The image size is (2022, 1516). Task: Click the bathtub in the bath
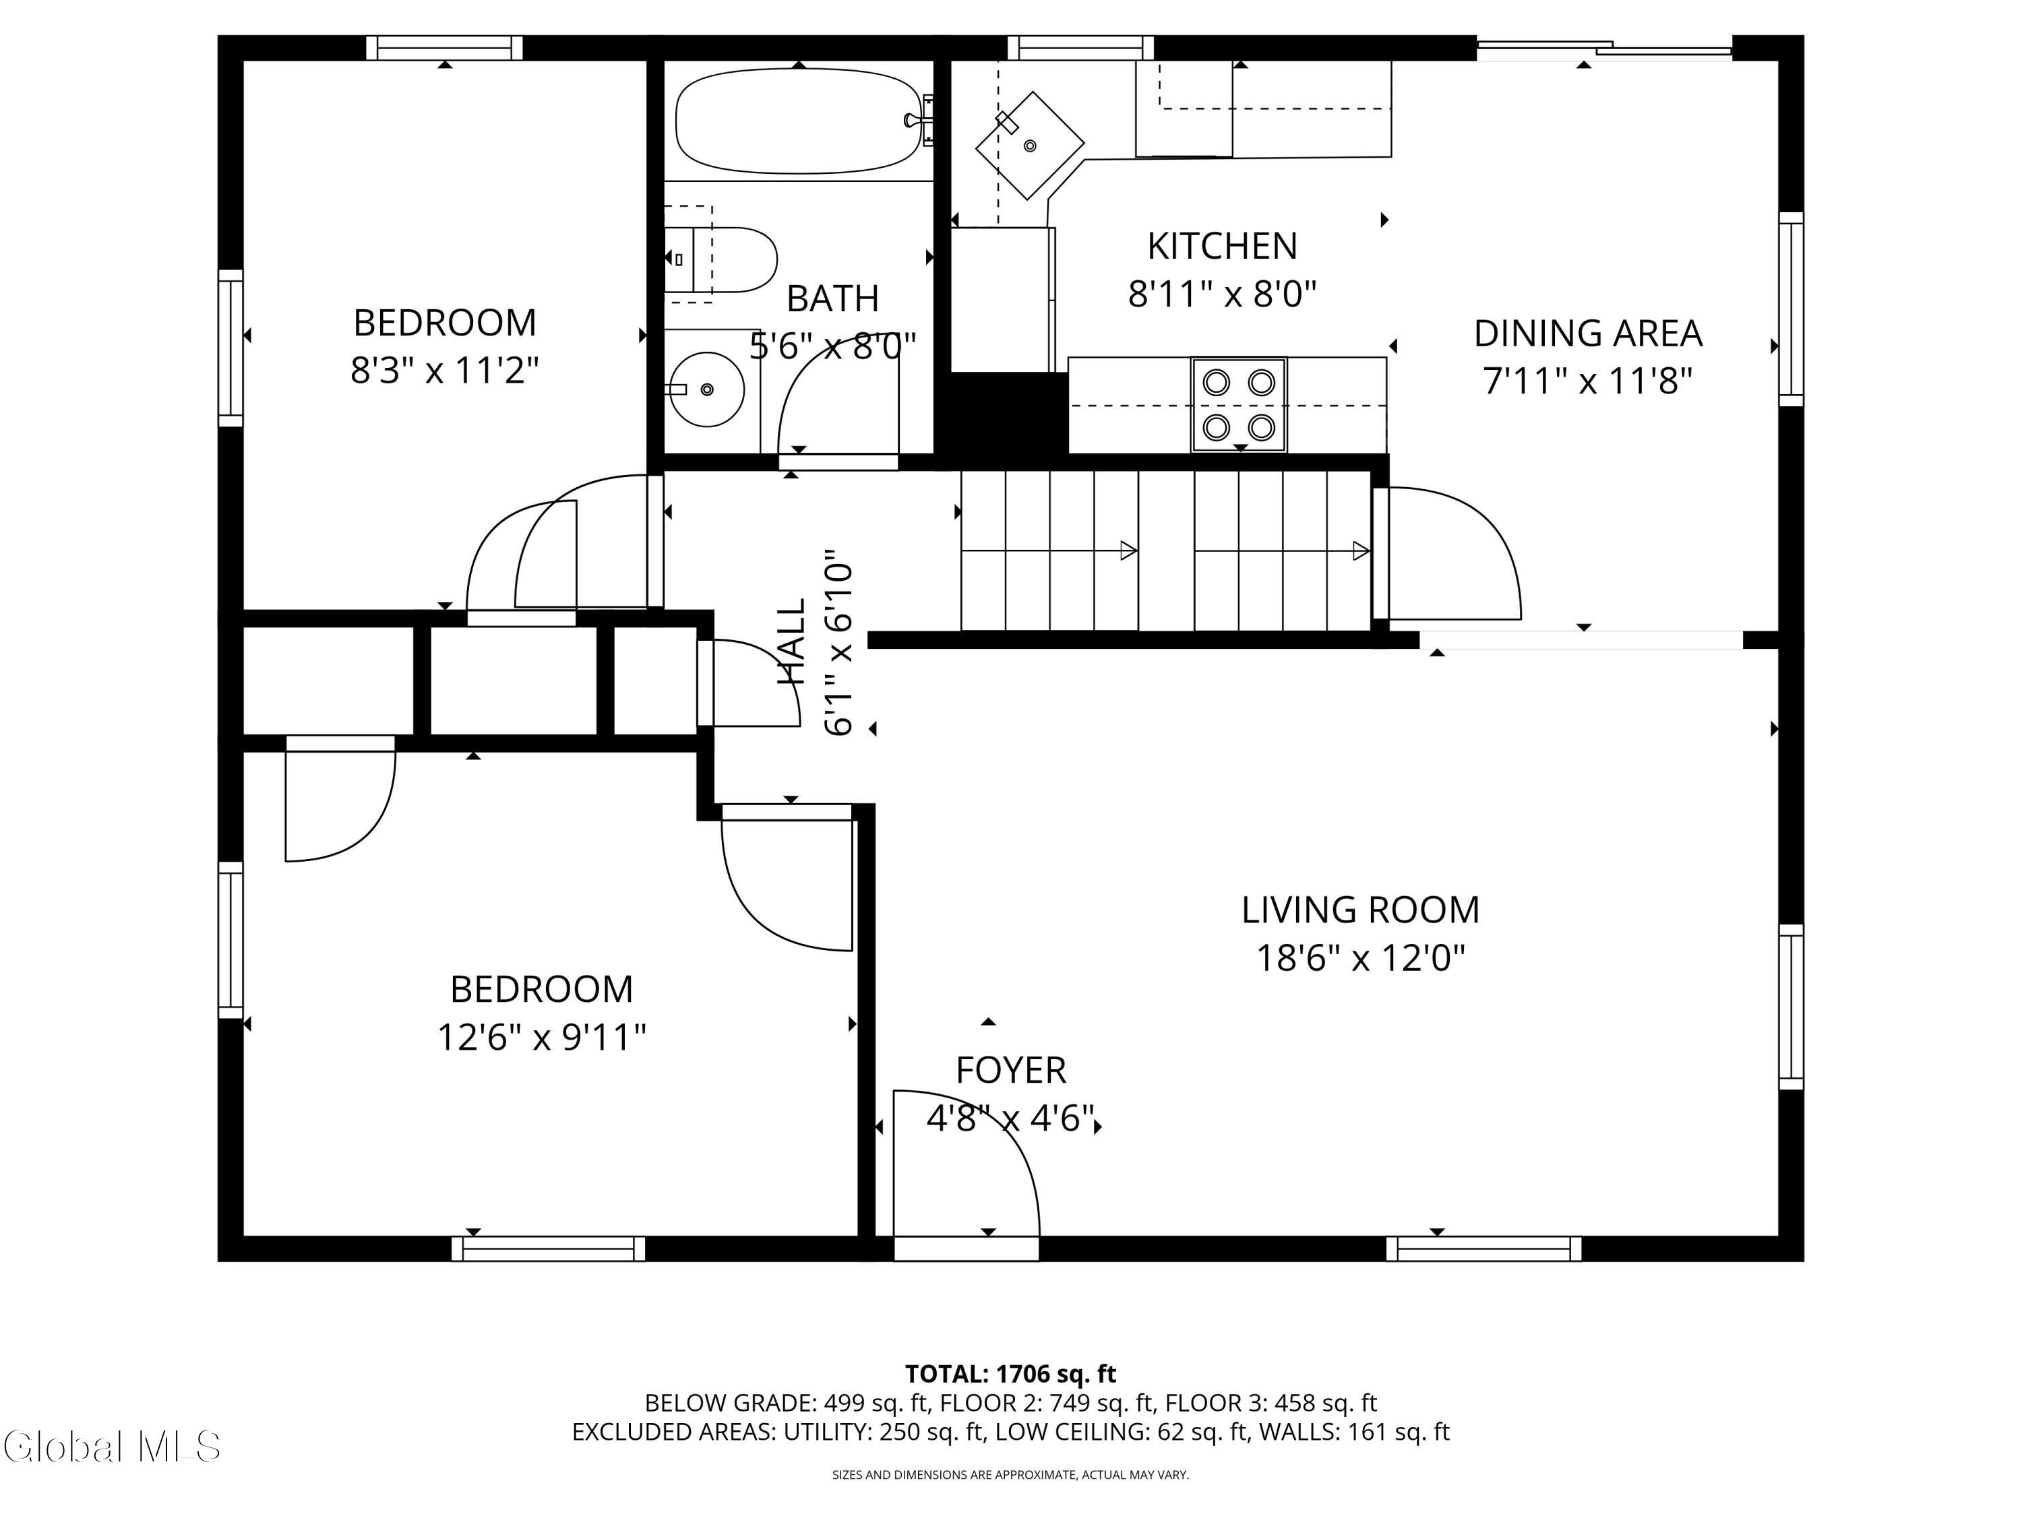[798, 121]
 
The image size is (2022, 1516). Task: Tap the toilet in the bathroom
[721, 259]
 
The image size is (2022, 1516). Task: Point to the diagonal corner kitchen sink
[1030, 144]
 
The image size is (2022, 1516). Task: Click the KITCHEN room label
[1222, 246]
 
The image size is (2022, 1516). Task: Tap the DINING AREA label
[1588, 334]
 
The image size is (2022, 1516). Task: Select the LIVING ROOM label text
[1360, 910]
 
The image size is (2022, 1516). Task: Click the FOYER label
[1011, 1070]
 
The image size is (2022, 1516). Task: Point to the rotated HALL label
[792, 641]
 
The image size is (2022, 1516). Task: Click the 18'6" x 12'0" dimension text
[1360, 959]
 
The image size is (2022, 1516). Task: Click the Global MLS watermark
[111, 1447]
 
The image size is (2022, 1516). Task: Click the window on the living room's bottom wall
[1483, 1249]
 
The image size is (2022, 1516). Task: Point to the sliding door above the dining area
[1604, 49]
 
